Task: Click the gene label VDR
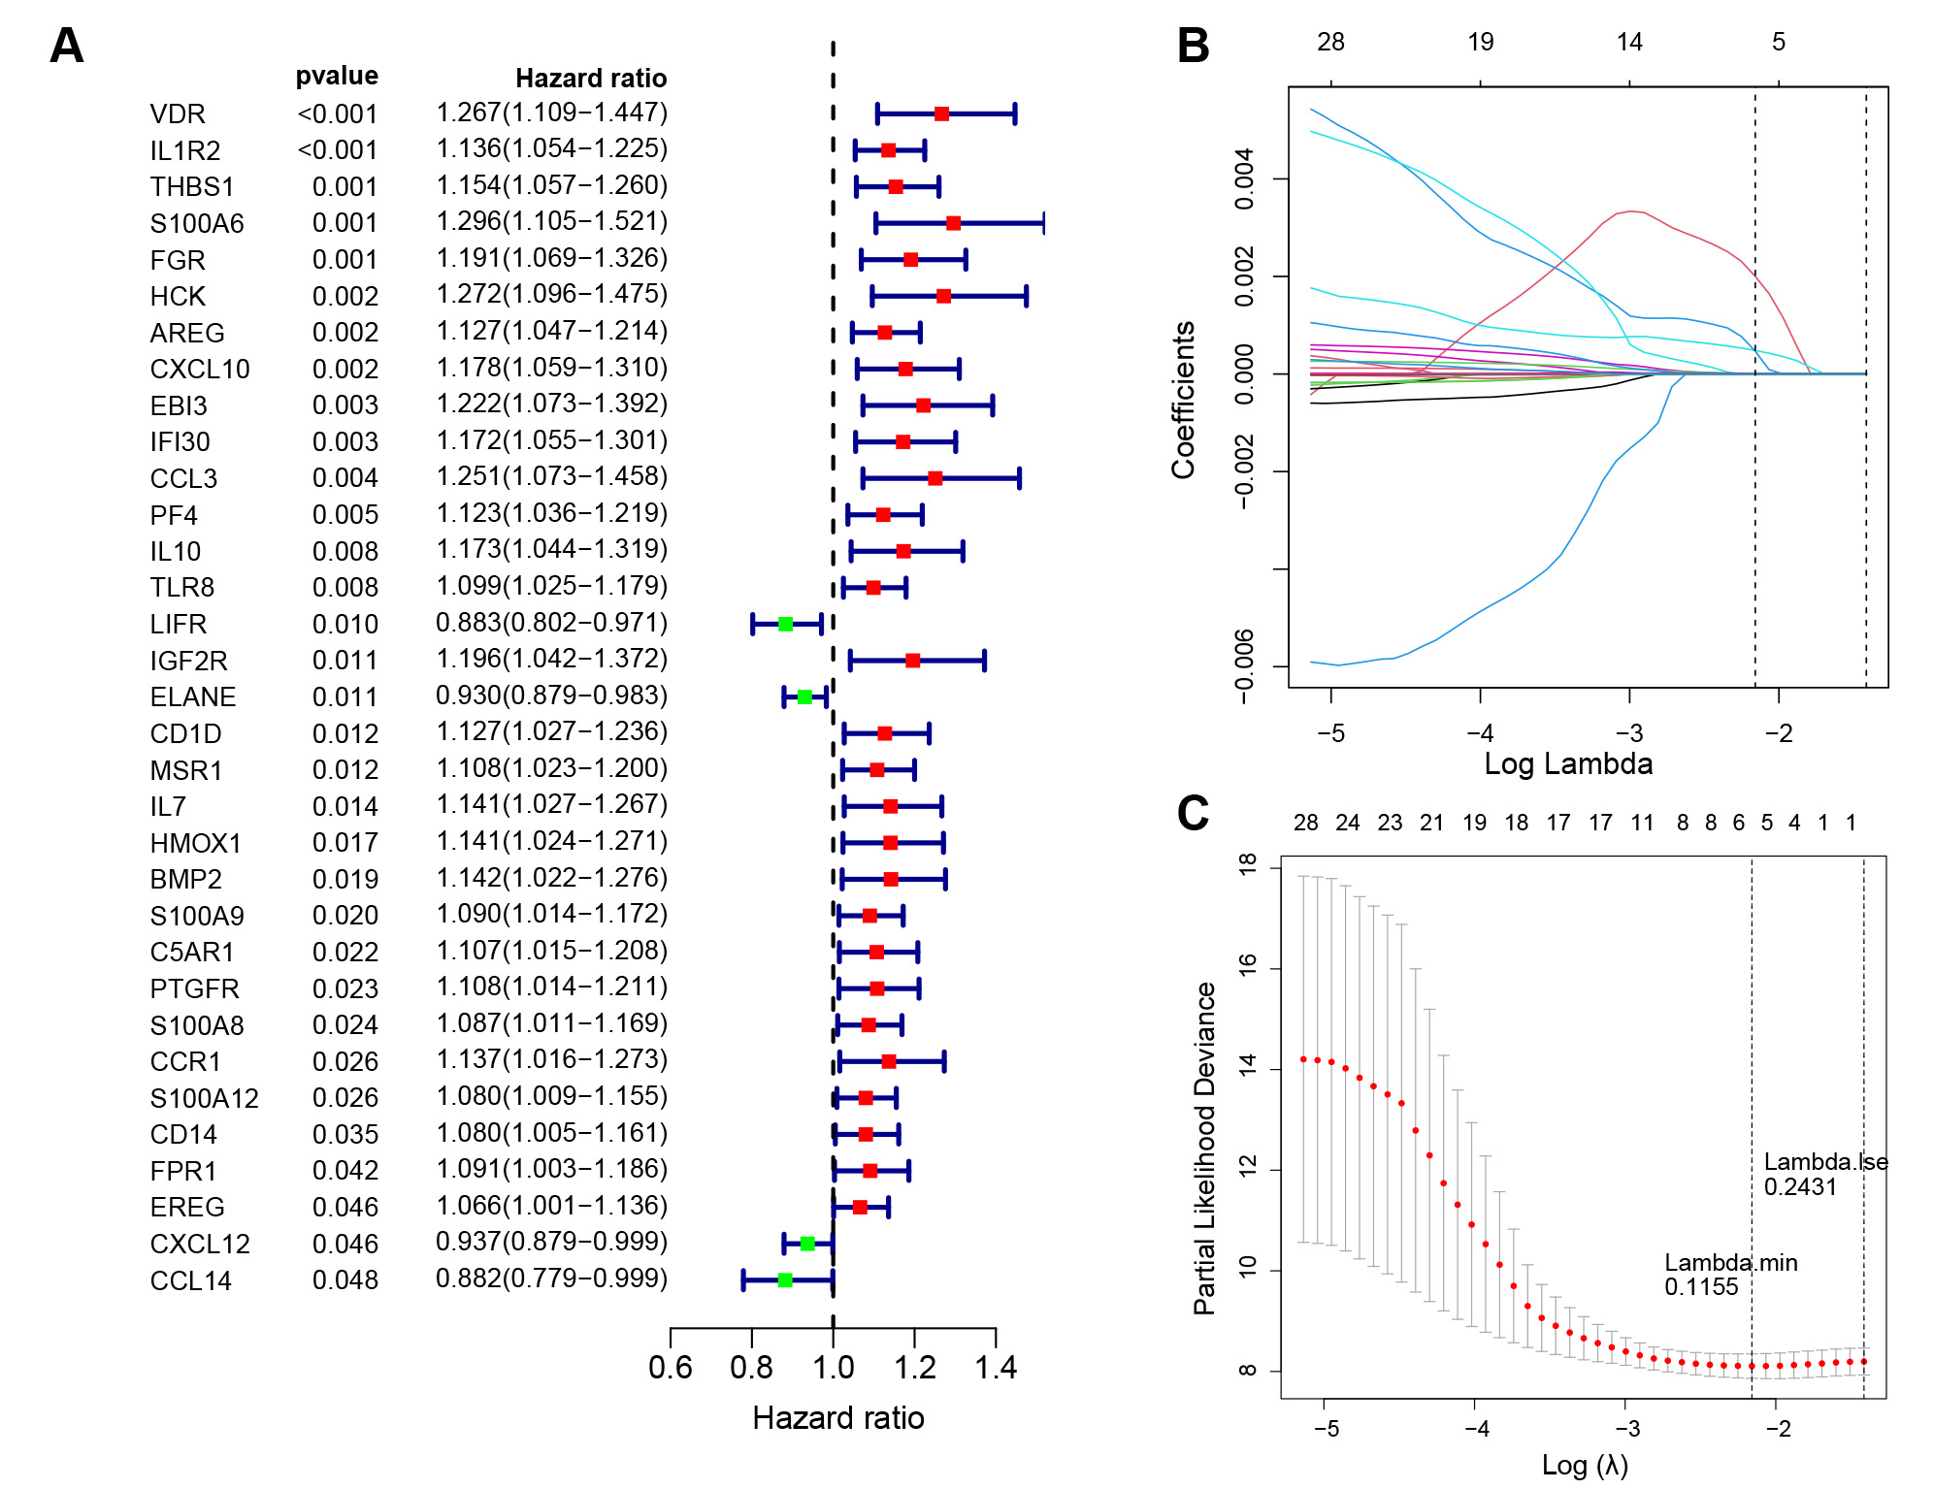coord(178,114)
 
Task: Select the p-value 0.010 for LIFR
coord(345,625)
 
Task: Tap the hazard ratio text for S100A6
coord(552,222)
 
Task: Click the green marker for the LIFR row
coord(786,625)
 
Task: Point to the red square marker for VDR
coord(941,114)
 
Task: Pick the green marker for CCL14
coord(785,1280)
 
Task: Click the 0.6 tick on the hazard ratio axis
coord(670,1368)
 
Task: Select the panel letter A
coord(67,46)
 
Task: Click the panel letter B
coord(1193,46)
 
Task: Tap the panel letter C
coord(1193,813)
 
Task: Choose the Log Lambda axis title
coord(1568,764)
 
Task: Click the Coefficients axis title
coord(1183,400)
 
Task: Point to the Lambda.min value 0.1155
coord(1701,1287)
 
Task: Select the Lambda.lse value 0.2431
coord(1800,1187)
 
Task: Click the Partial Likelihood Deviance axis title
coord(1204,1149)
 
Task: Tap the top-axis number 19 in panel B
coord(1480,43)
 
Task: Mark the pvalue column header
coord(337,77)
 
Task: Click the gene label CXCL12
coord(200,1245)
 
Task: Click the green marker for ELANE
coord(804,697)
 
